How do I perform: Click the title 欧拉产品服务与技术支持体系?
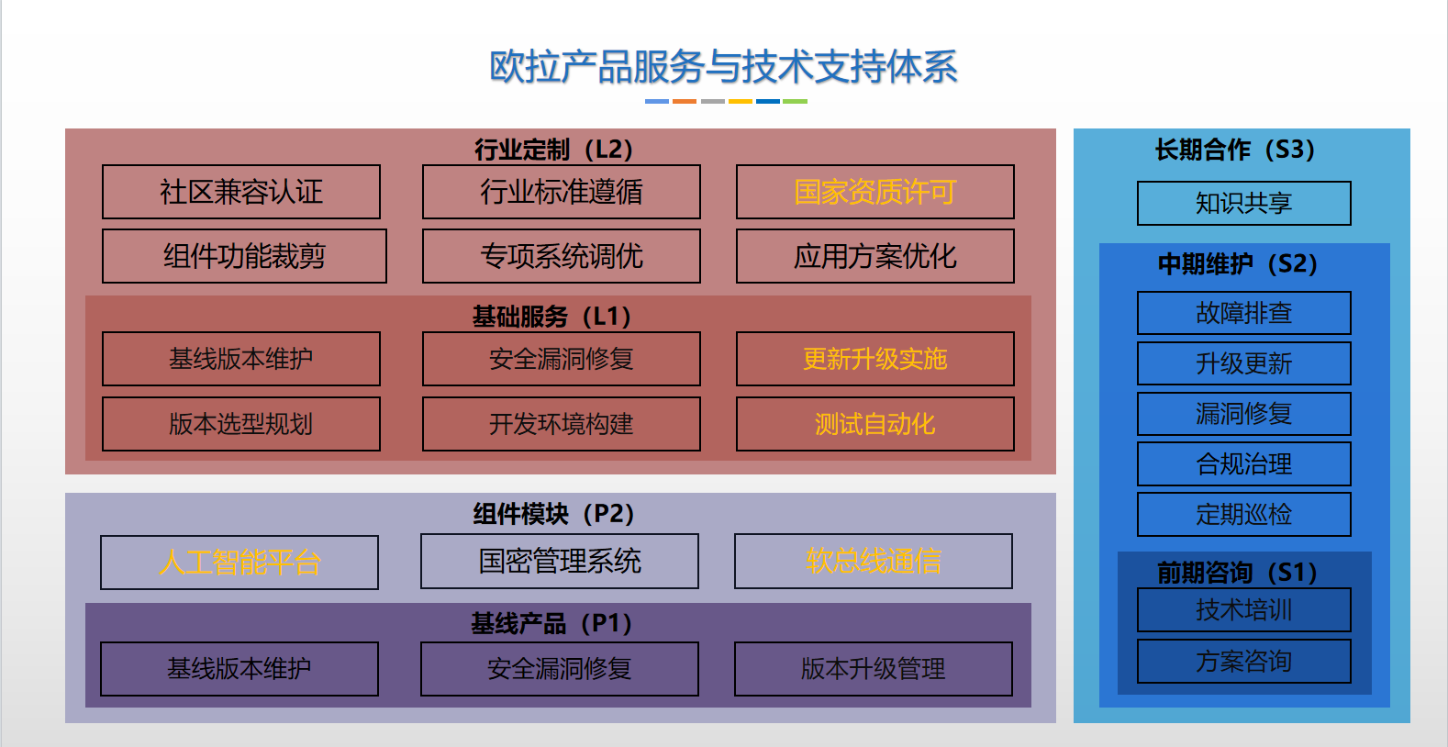pyautogui.click(x=723, y=67)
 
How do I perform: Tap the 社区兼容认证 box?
pyautogui.click(x=241, y=192)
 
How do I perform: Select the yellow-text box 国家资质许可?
pyautogui.click(x=874, y=192)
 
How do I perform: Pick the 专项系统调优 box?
pyautogui.click(x=561, y=256)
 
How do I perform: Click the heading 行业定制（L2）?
pyautogui.click(x=553, y=149)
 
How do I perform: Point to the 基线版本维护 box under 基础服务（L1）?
pyautogui.click(x=241, y=359)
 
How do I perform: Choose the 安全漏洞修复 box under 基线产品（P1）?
pyautogui.click(x=559, y=669)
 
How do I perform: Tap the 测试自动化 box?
pyautogui.click(x=874, y=424)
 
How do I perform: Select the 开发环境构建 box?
pyautogui.click(x=561, y=424)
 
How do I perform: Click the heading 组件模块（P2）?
pyautogui.click(x=553, y=513)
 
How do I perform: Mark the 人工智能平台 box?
pyautogui.click(x=239, y=562)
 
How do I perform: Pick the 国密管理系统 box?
pyautogui.click(x=559, y=561)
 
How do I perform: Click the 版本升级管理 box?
pyautogui.click(x=873, y=669)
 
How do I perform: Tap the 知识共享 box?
pyautogui.click(x=1243, y=203)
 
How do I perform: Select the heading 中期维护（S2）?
pyautogui.click(x=1237, y=264)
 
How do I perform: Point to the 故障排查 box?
pyautogui.click(x=1243, y=313)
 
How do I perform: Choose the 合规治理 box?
pyautogui.click(x=1243, y=463)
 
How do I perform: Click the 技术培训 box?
pyautogui.click(x=1243, y=610)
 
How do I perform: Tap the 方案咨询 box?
pyautogui.click(x=1243, y=661)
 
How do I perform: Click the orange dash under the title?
pyautogui.click(x=685, y=101)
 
